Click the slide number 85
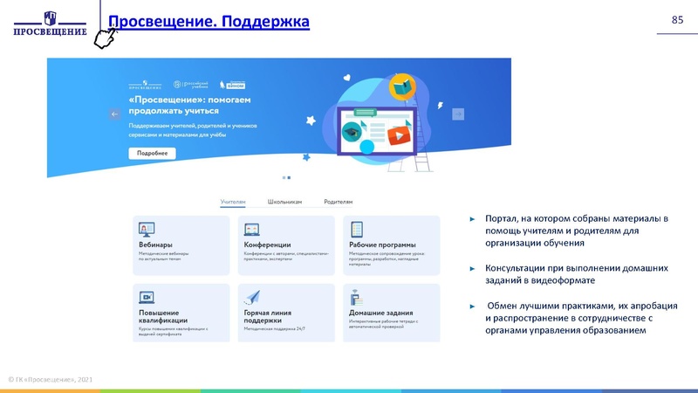(677, 19)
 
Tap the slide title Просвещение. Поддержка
(208, 20)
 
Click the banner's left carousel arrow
(114, 114)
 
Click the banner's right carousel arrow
(457, 114)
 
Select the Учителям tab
(233, 201)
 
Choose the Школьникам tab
(284, 201)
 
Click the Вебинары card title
(155, 245)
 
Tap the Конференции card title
(267, 245)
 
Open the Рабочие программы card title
(382, 245)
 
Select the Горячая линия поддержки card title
(268, 316)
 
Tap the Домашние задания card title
(381, 312)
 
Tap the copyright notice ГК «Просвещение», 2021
(52, 380)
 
